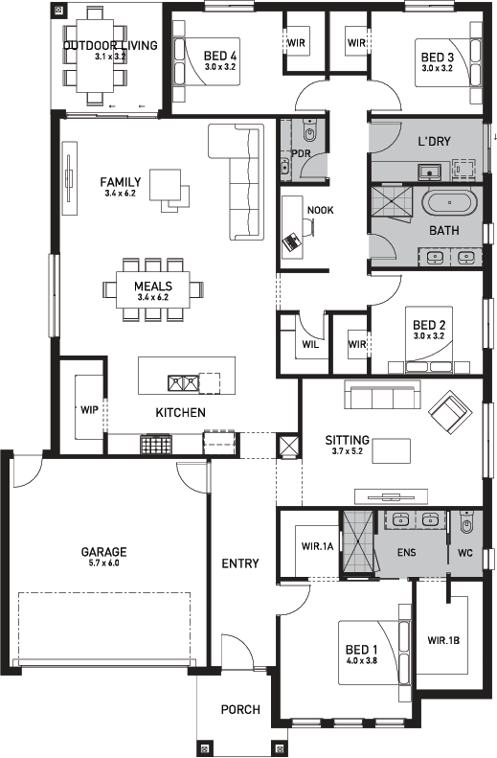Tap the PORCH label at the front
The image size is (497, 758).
click(240, 709)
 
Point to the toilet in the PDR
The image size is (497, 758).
click(307, 133)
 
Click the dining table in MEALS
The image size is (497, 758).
click(152, 290)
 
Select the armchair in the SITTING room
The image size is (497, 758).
click(448, 413)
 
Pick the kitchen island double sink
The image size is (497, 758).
click(183, 383)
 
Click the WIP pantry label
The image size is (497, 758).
click(90, 409)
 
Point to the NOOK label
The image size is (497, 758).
click(320, 211)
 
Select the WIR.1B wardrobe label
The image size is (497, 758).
click(444, 640)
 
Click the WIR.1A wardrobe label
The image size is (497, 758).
click(316, 546)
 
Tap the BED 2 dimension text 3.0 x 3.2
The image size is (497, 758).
click(427, 336)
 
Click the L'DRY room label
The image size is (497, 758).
click(434, 142)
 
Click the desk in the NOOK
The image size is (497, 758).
click(291, 237)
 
